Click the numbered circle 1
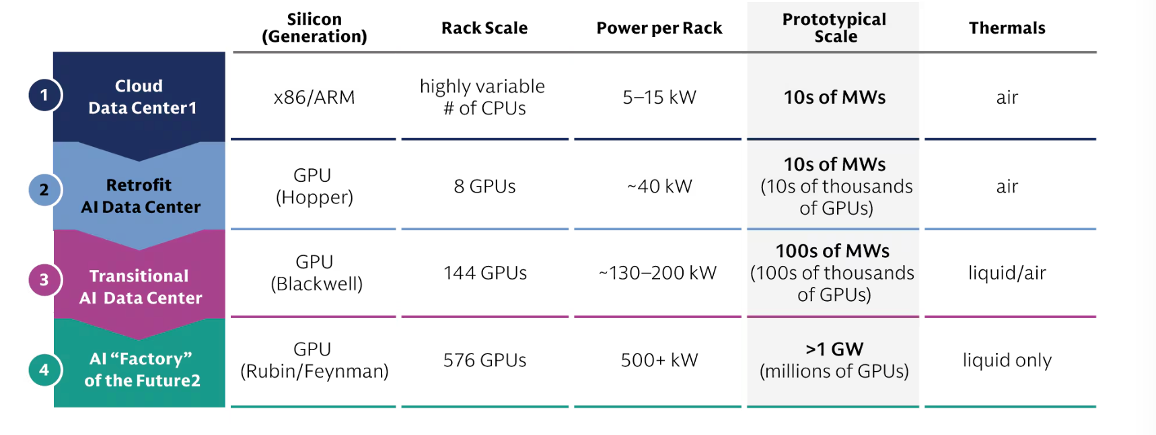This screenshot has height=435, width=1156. click(45, 95)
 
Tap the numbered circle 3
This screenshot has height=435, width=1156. click(45, 279)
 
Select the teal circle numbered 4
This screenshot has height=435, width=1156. click(45, 370)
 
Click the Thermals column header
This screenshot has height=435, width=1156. click(1007, 28)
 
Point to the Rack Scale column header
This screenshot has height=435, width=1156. click(484, 28)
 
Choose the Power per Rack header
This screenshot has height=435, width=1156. click(659, 28)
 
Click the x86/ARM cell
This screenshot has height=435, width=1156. click(314, 98)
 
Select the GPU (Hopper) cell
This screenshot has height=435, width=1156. click(314, 186)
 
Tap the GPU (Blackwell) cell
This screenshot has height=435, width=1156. click(316, 273)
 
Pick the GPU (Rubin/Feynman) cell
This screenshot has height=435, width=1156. click(314, 360)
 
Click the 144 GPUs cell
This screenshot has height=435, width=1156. click(485, 273)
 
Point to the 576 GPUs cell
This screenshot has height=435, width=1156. click(484, 360)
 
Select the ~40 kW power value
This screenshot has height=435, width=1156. click(659, 187)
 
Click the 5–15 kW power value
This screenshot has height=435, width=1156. click(659, 98)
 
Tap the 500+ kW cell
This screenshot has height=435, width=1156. click(659, 360)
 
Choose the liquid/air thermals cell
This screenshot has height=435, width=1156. click(1007, 273)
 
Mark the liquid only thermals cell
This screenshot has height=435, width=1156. click(1007, 360)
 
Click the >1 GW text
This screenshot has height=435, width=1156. click(834, 349)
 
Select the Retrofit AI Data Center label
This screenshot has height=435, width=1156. click(141, 196)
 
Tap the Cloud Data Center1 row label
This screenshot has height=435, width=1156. click(142, 97)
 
